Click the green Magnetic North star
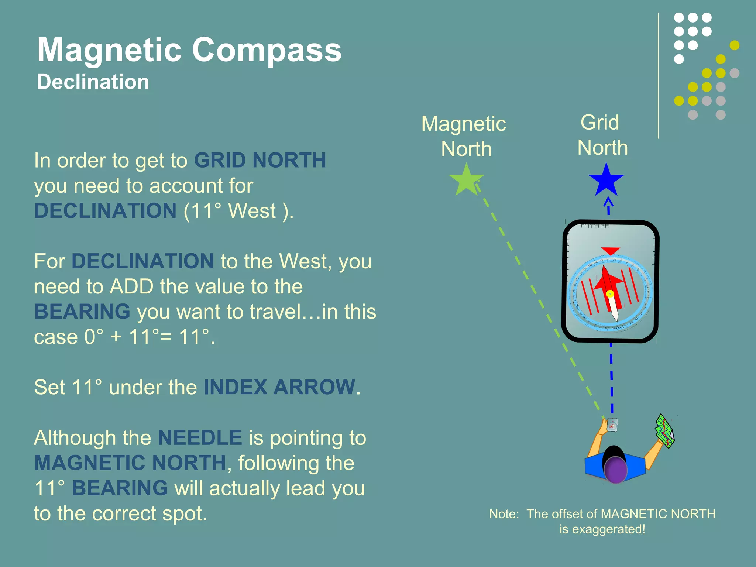point(466,181)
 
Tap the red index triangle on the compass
point(610,251)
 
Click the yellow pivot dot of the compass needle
point(610,294)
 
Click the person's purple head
point(615,470)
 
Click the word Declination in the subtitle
point(93,82)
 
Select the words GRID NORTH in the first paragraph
point(260,160)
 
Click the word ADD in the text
point(131,286)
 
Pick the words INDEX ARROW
point(279,387)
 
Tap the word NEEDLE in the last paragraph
point(200,438)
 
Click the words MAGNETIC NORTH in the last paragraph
point(130,463)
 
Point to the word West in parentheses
point(252,211)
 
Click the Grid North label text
point(602,135)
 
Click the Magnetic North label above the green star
point(464,136)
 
